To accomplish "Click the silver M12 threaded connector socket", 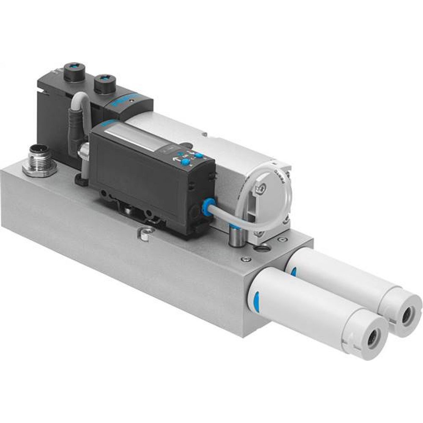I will pyautogui.click(x=39, y=159).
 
